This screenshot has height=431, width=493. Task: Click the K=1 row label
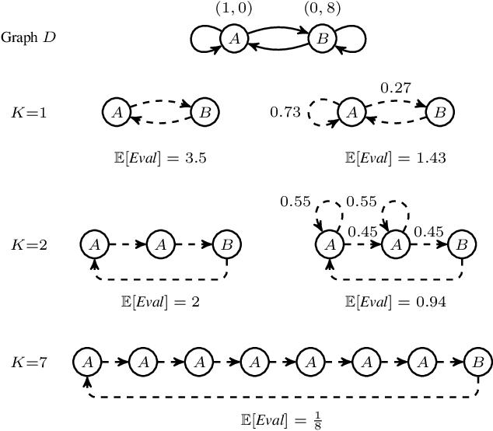coord(30,114)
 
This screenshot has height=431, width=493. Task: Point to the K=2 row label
coord(30,244)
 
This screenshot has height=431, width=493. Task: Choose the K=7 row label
coord(30,362)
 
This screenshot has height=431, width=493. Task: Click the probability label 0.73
coord(284,114)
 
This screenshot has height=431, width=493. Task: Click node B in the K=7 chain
coord(476,361)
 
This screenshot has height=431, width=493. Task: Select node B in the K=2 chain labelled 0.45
coord(461,244)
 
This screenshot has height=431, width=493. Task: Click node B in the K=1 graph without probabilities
coord(204,113)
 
